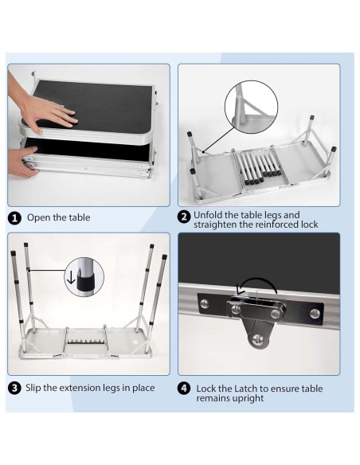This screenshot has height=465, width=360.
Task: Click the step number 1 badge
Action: click(14, 217)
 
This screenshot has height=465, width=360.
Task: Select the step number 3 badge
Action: click(14, 389)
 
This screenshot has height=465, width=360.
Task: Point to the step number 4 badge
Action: click(184, 389)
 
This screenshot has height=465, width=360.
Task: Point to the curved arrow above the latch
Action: click(256, 286)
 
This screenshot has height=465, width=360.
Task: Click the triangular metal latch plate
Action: click(256, 326)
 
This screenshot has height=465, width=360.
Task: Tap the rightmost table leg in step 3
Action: click(158, 303)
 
